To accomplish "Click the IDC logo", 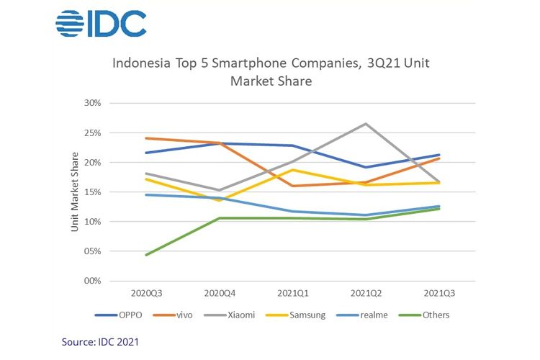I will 101,24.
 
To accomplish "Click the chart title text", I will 270,72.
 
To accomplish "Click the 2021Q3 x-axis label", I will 439,293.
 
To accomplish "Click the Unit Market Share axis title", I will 74,192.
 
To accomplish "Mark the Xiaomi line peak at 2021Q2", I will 366,124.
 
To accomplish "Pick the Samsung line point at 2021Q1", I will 292,170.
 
